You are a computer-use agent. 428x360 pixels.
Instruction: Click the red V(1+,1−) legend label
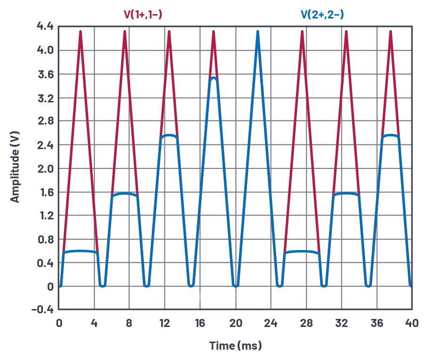pos(143,15)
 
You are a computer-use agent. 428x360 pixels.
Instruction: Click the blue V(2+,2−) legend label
pos(322,15)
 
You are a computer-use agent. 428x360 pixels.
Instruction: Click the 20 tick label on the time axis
pos(236,324)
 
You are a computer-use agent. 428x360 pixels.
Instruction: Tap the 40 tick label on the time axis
pos(412,324)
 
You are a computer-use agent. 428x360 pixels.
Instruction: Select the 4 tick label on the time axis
pos(94,324)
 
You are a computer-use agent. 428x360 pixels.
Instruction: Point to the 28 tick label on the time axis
pos(306,324)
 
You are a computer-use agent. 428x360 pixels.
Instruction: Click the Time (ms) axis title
pos(235,346)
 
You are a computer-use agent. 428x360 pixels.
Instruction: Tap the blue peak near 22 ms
pos(258,32)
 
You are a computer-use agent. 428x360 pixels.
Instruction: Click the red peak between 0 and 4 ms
pos(81,32)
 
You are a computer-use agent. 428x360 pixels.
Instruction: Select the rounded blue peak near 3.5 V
pos(214,78)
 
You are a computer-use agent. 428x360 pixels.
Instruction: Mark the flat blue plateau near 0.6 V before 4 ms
pos(80,251)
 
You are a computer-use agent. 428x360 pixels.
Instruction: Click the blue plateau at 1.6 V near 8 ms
pos(125,193)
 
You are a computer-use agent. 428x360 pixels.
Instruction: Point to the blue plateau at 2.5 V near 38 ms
pos(390,135)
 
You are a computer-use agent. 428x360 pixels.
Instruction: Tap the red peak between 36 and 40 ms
pos(390,32)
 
